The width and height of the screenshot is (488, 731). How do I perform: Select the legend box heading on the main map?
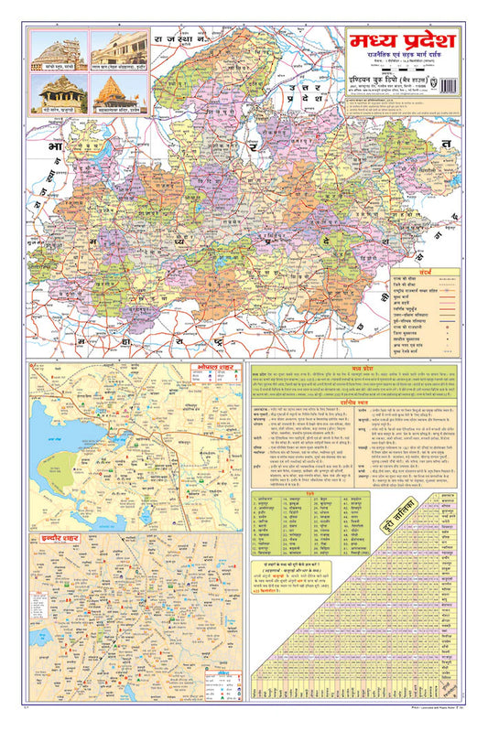(426, 274)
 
